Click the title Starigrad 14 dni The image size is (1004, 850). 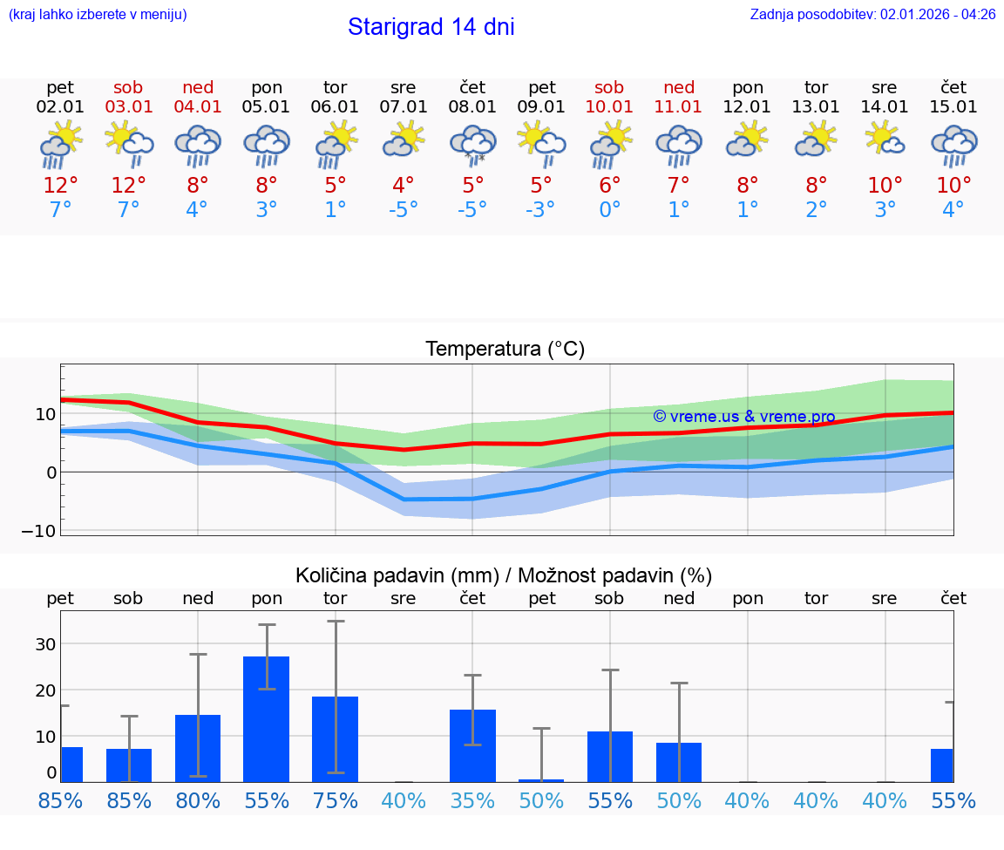pyautogui.click(x=431, y=27)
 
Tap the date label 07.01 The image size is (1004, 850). pyautogui.click(x=404, y=107)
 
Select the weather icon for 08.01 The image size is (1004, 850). pyautogui.click(x=472, y=145)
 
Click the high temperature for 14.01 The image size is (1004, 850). pyautogui.click(x=885, y=186)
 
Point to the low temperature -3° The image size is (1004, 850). pyautogui.click(x=541, y=210)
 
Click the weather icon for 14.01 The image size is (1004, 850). pyautogui.click(x=885, y=141)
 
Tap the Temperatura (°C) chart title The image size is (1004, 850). pyautogui.click(x=505, y=350)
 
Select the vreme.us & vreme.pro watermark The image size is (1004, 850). pyautogui.click(x=743, y=417)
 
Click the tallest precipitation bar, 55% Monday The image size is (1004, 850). pyautogui.click(x=266, y=719)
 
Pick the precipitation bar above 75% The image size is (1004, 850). pyautogui.click(x=335, y=739)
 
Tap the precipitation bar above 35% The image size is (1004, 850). pyautogui.click(x=472, y=745)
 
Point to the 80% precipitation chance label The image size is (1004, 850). pyautogui.click(x=198, y=801)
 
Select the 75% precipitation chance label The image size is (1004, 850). pyautogui.click(x=335, y=801)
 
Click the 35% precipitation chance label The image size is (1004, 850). pyautogui.click(x=472, y=801)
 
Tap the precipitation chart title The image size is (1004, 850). pyautogui.click(x=504, y=575)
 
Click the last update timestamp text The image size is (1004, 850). pyautogui.click(x=872, y=15)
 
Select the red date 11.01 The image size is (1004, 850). pyautogui.click(x=679, y=107)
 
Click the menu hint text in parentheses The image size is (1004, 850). pyautogui.click(x=98, y=15)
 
